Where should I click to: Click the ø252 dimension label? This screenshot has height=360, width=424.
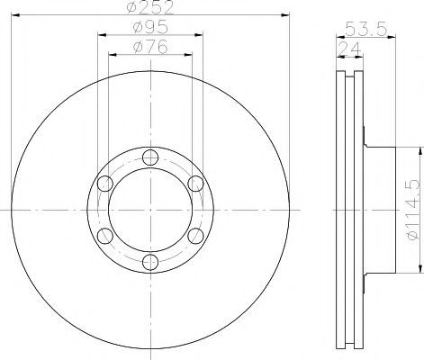[150, 7]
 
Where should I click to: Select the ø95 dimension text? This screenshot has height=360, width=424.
[150, 28]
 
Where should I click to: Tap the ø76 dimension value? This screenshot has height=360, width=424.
[150, 47]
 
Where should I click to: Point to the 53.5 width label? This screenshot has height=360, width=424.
[365, 29]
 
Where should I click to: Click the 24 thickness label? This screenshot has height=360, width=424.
[349, 49]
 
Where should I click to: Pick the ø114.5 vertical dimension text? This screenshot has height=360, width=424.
[412, 210]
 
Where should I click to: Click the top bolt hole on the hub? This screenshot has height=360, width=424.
[150, 157]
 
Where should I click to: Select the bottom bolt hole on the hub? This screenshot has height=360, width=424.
[150, 263]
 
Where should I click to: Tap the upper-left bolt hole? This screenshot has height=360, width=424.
[105, 184]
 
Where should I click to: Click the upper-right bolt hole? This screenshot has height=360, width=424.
[195, 184]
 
